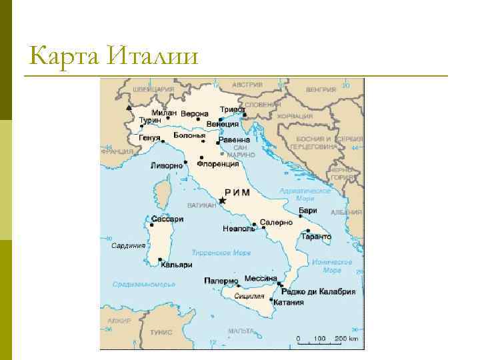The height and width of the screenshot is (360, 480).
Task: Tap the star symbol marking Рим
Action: [223, 200]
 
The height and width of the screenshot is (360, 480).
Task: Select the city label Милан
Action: [164, 113]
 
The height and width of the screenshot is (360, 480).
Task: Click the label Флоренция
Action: [217, 164]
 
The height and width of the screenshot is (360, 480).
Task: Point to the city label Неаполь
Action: [239, 229]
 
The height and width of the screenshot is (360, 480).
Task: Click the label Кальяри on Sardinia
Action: [177, 265]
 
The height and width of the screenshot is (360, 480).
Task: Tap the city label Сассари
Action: [167, 219]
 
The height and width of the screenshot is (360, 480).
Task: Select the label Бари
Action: [308, 211]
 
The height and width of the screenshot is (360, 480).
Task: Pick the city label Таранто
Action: [316, 237]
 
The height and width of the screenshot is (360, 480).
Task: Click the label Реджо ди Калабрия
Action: [318, 292]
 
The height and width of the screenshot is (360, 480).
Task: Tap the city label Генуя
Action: [150, 138]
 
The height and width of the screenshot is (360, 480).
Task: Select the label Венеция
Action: [223, 124]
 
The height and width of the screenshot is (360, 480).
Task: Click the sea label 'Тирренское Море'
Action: [221, 253]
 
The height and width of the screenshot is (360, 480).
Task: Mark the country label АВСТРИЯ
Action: [247, 85]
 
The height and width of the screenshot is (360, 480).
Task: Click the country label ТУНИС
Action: [161, 331]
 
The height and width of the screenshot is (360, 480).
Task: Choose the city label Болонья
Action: [189, 135]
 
